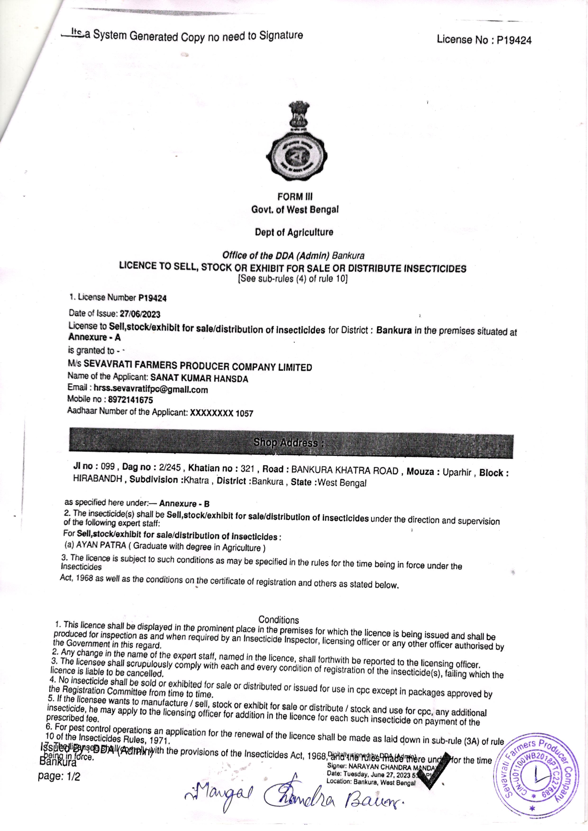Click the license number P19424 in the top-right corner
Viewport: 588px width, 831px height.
[x=514, y=40]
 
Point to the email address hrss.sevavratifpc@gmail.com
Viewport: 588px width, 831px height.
[x=151, y=390]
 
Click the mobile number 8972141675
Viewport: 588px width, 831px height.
[x=128, y=400]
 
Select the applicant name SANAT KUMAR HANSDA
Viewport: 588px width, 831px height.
[x=199, y=379]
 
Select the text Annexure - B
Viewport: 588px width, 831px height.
[x=184, y=504]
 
